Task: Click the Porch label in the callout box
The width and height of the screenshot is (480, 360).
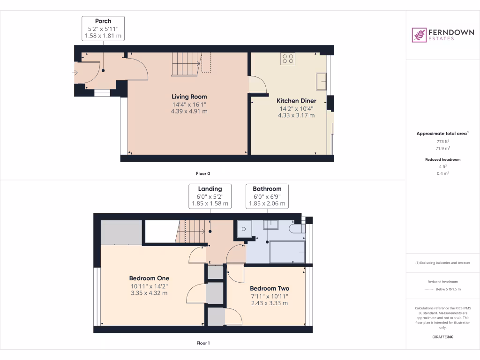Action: pyautogui.click(x=103, y=21)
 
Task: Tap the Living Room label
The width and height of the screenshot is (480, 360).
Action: pyautogui.click(x=189, y=97)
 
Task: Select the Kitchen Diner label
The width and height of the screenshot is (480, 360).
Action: pyautogui.click(x=296, y=101)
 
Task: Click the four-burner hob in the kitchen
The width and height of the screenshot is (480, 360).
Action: pyautogui.click(x=287, y=59)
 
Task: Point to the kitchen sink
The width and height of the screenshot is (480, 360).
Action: pyautogui.click(x=322, y=81)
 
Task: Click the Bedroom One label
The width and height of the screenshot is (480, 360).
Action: pyautogui.click(x=150, y=278)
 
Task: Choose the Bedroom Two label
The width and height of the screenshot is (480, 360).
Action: pyautogui.click(x=269, y=288)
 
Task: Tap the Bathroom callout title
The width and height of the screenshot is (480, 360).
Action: pyautogui.click(x=267, y=189)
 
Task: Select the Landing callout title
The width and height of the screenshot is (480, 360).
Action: pyautogui.click(x=210, y=189)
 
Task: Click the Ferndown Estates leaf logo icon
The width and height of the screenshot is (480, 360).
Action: pyautogui.click(x=419, y=35)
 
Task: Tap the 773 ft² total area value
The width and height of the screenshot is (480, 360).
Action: pyautogui.click(x=442, y=141)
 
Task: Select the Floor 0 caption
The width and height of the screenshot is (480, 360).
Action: pyautogui.click(x=203, y=173)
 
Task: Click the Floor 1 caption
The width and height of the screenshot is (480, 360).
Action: pyautogui.click(x=203, y=343)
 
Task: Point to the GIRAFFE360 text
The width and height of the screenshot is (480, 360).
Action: pyautogui.click(x=442, y=337)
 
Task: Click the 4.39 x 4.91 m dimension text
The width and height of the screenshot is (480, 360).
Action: pyautogui.click(x=189, y=112)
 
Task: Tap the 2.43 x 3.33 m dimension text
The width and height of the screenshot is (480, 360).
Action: pyautogui.click(x=269, y=303)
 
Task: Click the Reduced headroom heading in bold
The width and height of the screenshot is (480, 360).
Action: pyautogui.click(x=442, y=159)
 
